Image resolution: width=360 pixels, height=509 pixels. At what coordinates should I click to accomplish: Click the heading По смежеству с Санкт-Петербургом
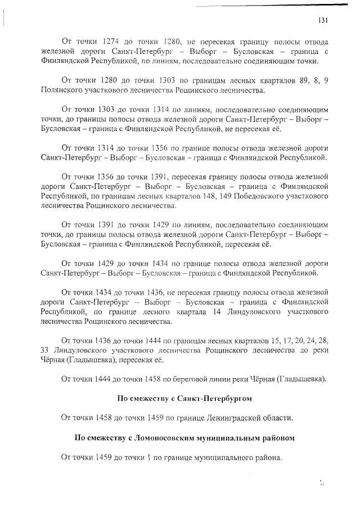[x=184, y=398]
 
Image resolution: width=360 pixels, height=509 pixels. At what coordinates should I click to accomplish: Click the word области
[x=278, y=417]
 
